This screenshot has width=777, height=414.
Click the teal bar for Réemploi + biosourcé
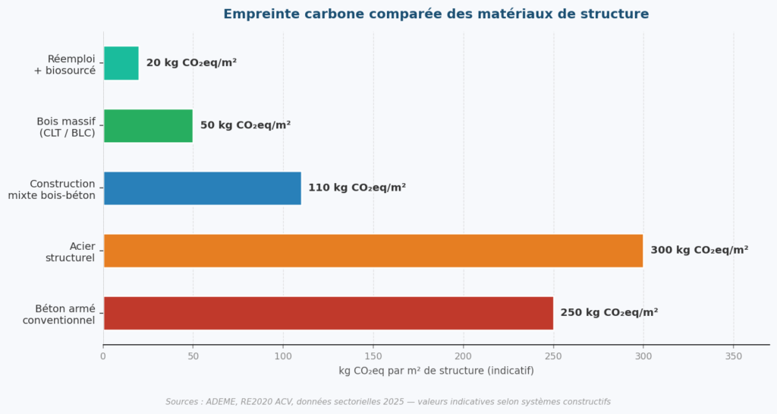click(121, 63)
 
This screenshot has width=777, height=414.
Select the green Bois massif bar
click(148, 125)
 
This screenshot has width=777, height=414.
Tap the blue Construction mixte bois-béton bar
click(202, 188)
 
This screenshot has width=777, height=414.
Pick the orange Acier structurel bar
click(373, 250)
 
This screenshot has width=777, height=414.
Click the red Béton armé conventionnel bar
click(328, 312)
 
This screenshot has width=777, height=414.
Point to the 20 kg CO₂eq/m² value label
click(191, 63)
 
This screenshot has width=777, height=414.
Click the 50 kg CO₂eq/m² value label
click(245, 125)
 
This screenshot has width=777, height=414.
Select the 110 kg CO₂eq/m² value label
click(357, 188)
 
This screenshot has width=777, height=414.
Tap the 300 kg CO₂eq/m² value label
click(699, 250)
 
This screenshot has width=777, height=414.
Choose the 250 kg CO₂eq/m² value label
click(609, 312)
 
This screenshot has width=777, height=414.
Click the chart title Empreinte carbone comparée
click(436, 14)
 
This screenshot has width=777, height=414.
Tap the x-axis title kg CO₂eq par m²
click(436, 371)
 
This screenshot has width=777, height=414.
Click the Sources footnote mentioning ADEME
click(388, 402)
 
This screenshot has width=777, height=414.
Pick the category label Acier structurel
click(71, 251)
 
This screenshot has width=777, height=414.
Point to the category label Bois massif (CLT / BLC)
click(67, 127)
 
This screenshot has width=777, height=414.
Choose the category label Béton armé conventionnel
click(60, 314)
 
